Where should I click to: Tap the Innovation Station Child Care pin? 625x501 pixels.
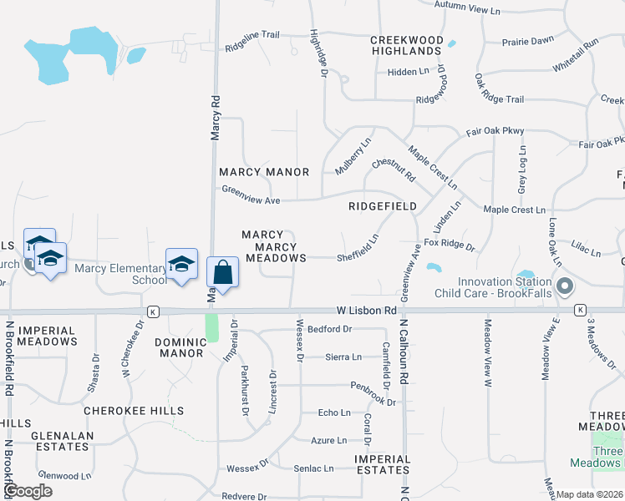(x=564, y=287)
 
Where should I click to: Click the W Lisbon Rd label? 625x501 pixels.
(x=367, y=310)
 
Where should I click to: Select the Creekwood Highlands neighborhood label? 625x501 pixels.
(x=406, y=45)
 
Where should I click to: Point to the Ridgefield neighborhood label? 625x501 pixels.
(x=383, y=205)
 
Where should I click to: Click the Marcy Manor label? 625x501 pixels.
(x=264, y=172)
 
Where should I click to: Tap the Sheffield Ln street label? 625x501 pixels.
(x=358, y=248)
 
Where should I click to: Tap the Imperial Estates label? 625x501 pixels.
(x=382, y=465)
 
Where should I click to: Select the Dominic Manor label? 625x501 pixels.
(x=179, y=347)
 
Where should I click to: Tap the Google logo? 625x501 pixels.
(x=28, y=491)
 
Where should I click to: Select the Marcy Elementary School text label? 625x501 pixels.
(x=121, y=274)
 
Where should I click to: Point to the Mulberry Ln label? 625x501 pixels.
(x=353, y=154)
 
